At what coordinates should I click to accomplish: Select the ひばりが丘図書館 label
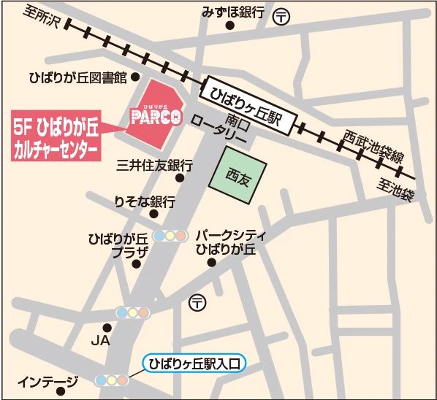coord(77,77)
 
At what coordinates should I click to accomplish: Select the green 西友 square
coord(238,175)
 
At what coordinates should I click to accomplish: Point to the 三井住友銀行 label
coord(154,165)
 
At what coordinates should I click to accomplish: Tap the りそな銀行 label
coord(145,202)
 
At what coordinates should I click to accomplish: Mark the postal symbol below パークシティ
coord(197,301)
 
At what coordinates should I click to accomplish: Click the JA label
coord(100,341)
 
